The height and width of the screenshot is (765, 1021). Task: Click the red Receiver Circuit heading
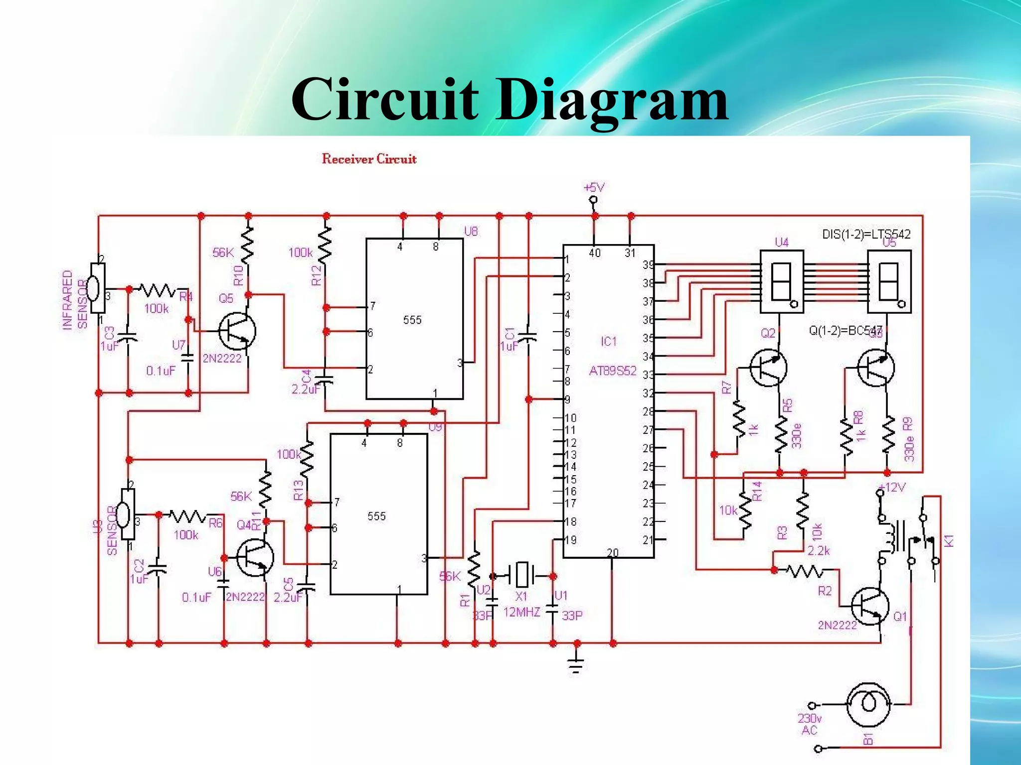(369, 159)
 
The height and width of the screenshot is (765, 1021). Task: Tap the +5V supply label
(593, 188)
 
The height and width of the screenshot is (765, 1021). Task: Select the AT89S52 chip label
(613, 371)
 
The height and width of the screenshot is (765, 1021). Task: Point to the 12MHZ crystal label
(521, 612)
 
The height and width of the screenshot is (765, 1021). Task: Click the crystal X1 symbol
(521, 575)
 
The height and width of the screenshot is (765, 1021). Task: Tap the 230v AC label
(810, 724)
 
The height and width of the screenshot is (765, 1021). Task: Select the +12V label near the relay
(892, 487)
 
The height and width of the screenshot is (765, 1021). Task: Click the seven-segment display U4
(781, 281)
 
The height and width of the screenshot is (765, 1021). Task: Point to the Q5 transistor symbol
(237, 331)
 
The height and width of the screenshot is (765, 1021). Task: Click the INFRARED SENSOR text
(75, 300)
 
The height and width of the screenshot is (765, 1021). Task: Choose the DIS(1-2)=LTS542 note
(866, 234)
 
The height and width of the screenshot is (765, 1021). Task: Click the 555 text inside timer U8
(412, 320)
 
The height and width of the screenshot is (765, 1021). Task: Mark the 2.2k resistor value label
(819, 550)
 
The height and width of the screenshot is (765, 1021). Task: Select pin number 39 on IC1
(648, 265)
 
